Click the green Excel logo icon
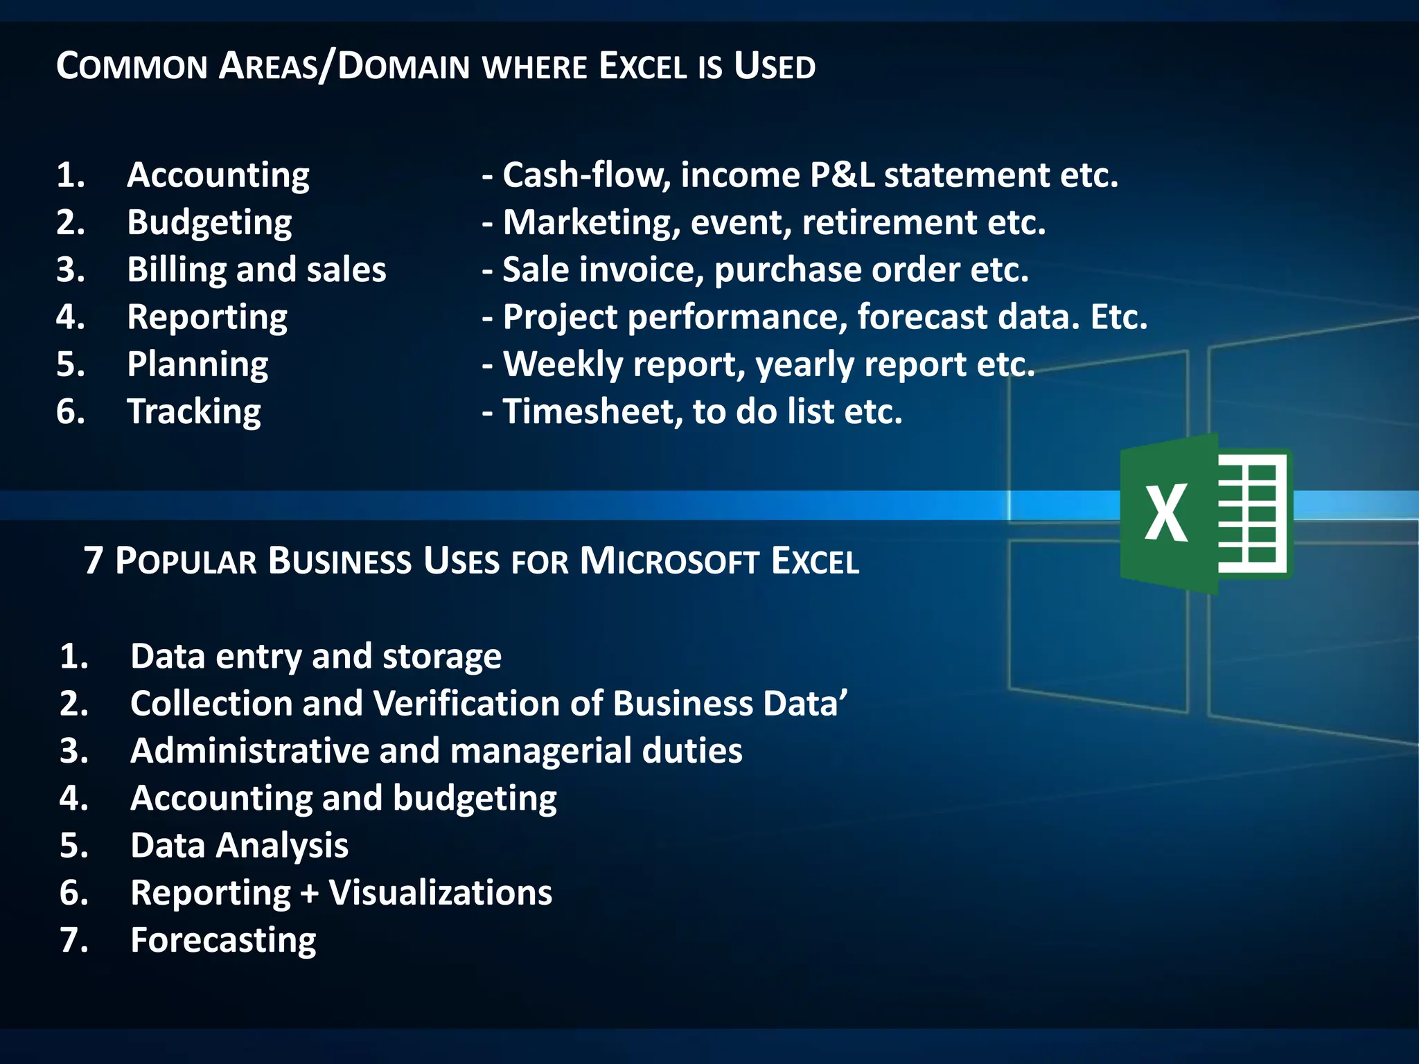tap(1206, 513)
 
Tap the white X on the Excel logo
tap(1166, 513)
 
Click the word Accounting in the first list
tap(218, 175)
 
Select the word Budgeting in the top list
tap(209, 223)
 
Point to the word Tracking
tap(194, 412)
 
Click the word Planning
tap(197, 364)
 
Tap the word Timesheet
tap(588, 411)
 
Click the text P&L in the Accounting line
tap(841, 175)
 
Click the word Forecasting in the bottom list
tap(223, 941)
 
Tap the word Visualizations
tap(440, 893)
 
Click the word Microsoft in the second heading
tap(669, 561)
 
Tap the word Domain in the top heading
tap(404, 67)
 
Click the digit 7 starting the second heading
tap(94, 561)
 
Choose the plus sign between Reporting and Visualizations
tap(309, 894)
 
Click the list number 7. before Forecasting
tap(74, 941)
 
